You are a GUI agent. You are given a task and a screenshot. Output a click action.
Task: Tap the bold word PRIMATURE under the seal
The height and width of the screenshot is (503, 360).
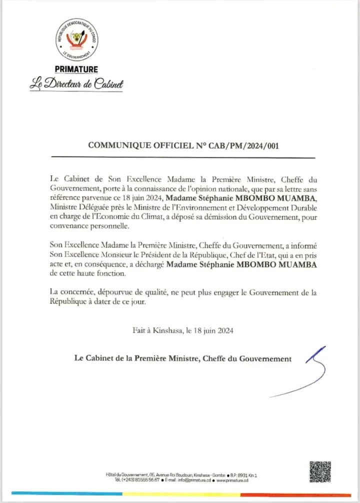(x=76, y=69)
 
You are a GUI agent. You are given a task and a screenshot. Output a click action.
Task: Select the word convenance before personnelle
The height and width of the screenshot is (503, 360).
(x=71, y=227)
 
